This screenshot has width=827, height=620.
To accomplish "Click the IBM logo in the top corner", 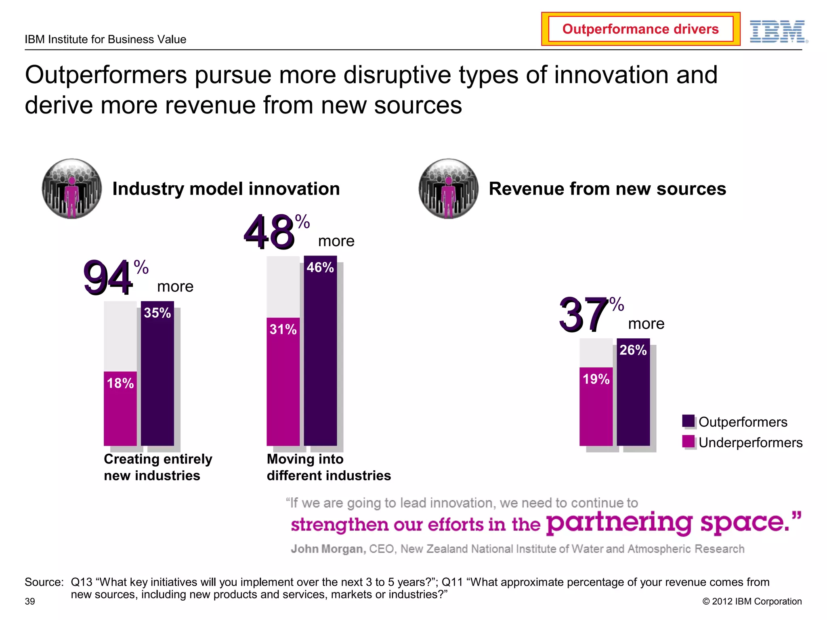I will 778,31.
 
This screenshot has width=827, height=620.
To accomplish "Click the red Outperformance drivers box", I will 640,29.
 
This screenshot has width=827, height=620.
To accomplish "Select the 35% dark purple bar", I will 157,373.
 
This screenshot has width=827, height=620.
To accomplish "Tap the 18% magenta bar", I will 120,408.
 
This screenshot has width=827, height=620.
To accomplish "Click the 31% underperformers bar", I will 283,381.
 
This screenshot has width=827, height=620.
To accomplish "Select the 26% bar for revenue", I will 633,392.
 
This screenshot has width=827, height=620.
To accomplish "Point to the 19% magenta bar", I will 596,406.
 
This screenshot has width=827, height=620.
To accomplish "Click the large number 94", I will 108,278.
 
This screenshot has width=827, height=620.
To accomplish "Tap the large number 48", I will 269,232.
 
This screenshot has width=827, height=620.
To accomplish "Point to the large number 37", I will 584,314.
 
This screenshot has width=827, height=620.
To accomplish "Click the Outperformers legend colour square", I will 688,421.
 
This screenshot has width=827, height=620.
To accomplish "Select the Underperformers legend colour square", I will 688,442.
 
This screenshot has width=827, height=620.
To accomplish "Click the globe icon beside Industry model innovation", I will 72,189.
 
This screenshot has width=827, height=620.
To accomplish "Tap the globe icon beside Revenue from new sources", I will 448,189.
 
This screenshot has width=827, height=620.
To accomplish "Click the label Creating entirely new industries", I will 157,467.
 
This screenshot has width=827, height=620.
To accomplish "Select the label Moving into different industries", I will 328,467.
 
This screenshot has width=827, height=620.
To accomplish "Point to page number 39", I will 30,601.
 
